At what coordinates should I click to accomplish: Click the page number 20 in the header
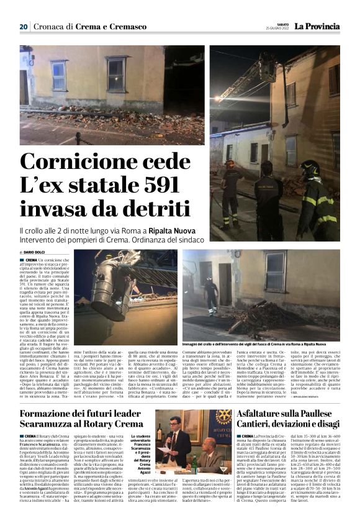pos(24,27)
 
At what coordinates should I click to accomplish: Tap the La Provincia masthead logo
pos(317,27)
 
